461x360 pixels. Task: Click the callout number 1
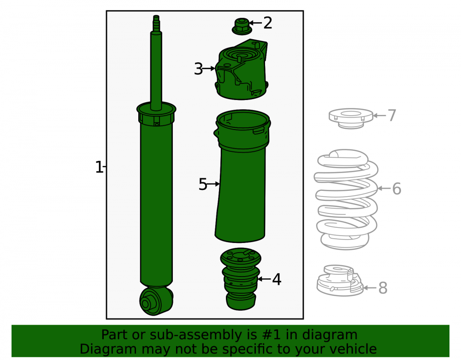pos(99,167)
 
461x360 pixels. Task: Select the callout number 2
pos(267,23)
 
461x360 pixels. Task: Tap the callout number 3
pos(198,69)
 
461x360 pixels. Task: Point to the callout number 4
pos(277,279)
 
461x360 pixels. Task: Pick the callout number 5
pos(203,184)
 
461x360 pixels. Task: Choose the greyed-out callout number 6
pos(396,189)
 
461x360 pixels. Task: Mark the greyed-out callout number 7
pos(392,115)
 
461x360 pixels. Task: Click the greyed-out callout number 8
pos(383,288)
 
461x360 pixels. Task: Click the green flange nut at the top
pos(242,26)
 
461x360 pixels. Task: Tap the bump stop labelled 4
pos(241,279)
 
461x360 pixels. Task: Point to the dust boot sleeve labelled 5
pos(242,177)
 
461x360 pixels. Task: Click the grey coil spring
pos(346,200)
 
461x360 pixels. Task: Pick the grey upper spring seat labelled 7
pos(351,118)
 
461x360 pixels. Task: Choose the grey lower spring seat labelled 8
pos(340,281)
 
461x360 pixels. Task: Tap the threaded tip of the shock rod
pos(156,23)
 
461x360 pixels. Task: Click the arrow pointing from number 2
pos(255,23)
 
